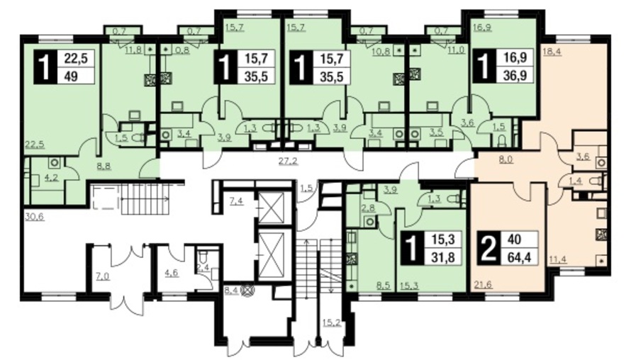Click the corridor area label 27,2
click(x=288, y=162)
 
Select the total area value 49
click(x=71, y=75)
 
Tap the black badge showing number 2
click(x=488, y=248)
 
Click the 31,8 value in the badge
click(x=443, y=256)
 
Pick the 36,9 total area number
click(x=515, y=75)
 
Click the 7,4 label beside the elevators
click(x=237, y=201)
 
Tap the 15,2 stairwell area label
click(x=331, y=322)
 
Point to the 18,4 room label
click(x=552, y=51)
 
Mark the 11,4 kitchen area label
click(x=558, y=259)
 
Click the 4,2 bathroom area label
click(x=52, y=176)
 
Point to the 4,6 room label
click(x=172, y=273)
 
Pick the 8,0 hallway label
click(x=506, y=159)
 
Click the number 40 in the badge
click(x=515, y=240)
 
